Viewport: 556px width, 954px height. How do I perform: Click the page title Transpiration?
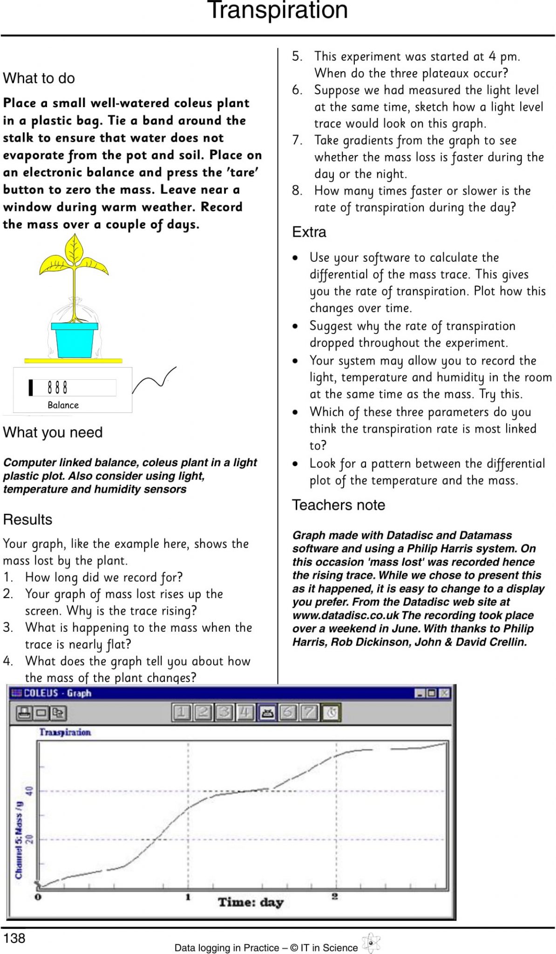278,10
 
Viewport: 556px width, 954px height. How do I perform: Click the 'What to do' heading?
39,78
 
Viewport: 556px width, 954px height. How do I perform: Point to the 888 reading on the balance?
58,388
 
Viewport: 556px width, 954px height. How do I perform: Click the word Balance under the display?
63,405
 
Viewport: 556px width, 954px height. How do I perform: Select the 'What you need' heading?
53,432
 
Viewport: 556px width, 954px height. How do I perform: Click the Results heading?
27,519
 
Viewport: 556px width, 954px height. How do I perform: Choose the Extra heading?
309,232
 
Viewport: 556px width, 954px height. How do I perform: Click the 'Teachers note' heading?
339,505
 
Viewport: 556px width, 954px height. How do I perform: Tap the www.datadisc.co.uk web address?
346,615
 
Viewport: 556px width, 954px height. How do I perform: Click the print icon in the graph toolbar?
24,713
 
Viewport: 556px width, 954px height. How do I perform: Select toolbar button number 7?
309,712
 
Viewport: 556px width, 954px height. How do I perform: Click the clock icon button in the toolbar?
331,712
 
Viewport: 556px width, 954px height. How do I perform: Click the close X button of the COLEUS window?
444,693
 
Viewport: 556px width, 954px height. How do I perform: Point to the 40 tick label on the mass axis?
30,791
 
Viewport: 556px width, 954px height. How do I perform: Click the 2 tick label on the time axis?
335,896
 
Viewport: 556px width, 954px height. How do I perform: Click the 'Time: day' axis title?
251,902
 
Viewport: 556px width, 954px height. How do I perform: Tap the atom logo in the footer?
371,943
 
